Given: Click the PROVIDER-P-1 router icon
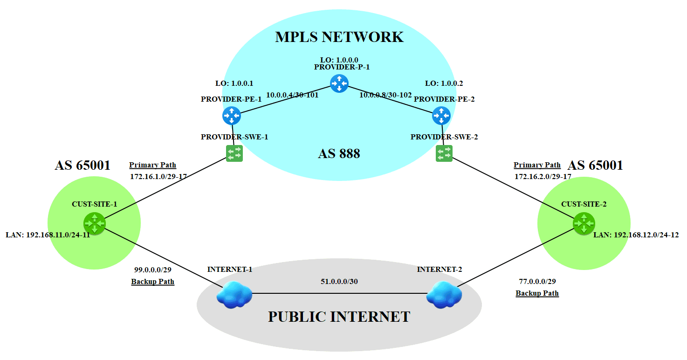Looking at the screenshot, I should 339,83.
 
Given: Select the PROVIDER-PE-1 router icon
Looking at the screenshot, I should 232,115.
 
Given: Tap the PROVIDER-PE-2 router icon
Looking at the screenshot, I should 441,115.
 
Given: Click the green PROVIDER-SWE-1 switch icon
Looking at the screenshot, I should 234,153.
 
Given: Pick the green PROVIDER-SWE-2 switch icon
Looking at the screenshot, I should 444,153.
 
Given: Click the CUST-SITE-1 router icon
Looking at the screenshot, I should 95,223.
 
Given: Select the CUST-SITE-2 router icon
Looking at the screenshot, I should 584,223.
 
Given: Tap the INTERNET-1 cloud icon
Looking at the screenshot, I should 234,295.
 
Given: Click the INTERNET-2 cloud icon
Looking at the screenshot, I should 444,295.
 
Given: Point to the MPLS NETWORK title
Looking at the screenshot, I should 339,37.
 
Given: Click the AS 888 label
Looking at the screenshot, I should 339,153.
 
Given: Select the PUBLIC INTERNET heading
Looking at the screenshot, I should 339,317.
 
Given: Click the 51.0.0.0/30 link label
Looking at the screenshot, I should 339,281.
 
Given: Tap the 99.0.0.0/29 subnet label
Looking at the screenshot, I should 153,270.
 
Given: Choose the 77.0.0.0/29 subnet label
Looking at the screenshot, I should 537,281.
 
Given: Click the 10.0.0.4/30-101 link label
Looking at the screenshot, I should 292,95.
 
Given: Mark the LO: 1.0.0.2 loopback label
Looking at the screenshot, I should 444,83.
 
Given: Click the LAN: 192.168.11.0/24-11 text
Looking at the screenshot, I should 48,235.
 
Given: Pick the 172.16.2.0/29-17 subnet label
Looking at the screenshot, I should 543,177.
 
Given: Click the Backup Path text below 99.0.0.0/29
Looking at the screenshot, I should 152,281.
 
